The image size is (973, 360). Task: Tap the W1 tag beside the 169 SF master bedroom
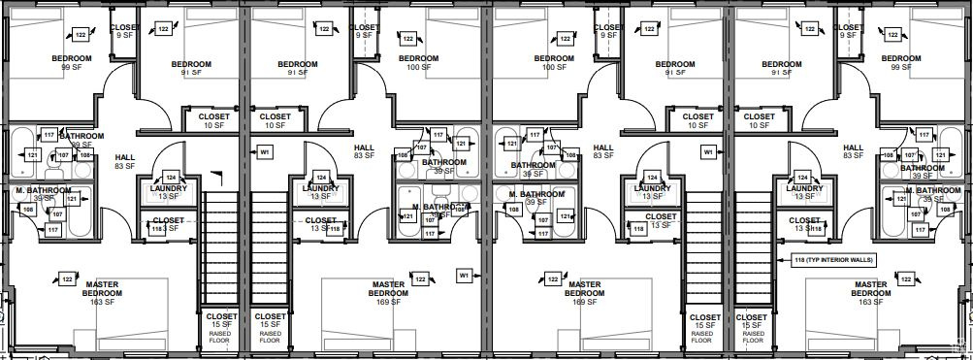click(465, 276)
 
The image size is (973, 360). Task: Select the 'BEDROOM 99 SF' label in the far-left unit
click(72, 63)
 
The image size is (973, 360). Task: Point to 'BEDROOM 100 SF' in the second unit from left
click(419, 63)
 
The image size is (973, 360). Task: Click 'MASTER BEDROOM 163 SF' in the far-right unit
click(870, 294)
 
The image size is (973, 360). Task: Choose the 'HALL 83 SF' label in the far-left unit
click(124, 161)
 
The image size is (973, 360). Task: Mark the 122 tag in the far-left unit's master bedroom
click(67, 279)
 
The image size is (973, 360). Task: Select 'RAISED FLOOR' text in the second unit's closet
click(270, 338)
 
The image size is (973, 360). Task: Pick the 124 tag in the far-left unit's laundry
click(171, 178)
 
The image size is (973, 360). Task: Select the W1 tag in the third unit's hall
click(708, 152)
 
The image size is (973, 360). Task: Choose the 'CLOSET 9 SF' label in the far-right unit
click(851, 31)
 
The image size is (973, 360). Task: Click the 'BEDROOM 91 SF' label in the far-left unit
click(191, 68)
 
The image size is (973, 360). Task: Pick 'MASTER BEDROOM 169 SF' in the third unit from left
click(584, 294)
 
